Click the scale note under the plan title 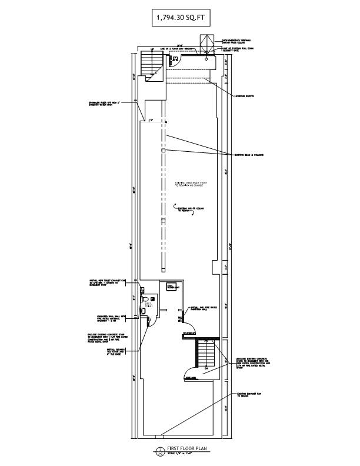[181, 453]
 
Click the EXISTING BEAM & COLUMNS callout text [249, 155]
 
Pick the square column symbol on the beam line [164, 151]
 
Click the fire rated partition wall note [200, 308]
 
